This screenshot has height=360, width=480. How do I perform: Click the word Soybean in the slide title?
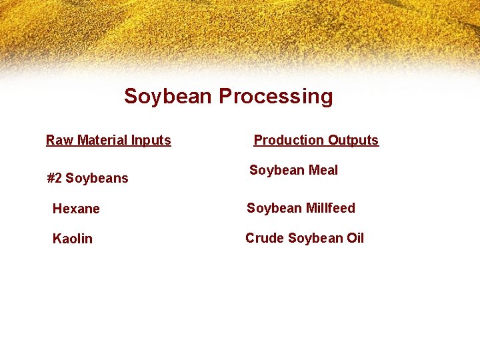[x=169, y=97]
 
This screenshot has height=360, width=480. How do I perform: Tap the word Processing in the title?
[x=276, y=97]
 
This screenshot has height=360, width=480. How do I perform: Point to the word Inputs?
[x=151, y=141]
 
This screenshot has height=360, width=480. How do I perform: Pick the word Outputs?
[x=353, y=141]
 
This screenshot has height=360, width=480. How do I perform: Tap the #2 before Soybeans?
[x=54, y=178]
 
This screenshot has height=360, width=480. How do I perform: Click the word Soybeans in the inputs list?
[x=97, y=178]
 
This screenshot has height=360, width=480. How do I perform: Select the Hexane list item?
[x=76, y=209]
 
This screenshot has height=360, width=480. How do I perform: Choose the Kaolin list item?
[x=73, y=239]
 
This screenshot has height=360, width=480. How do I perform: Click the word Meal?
[x=323, y=170]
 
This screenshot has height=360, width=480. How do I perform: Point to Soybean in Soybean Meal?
[x=277, y=170]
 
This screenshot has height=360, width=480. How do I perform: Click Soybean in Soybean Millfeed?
[x=274, y=208]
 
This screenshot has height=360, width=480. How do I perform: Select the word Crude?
[x=264, y=238]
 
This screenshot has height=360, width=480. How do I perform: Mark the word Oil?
[x=354, y=238]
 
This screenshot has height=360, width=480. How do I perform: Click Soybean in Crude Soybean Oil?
[x=315, y=238]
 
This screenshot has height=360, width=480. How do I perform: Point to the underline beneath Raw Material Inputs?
[x=109, y=146]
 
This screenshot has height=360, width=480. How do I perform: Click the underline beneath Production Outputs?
[x=316, y=146]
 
